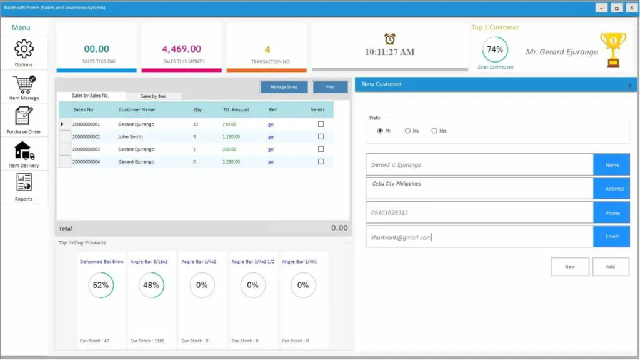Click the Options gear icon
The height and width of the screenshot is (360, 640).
pyautogui.click(x=24, y=49)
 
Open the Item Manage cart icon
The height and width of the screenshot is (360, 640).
pyautogui.click(x=24, y=84)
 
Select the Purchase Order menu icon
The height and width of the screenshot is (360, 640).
pyautogui.click(x=24, y=116)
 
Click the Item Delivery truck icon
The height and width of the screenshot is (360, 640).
pyautogui.click(x=24, y=151)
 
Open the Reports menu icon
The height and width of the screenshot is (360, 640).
pyautogui.click(x=24, y=183)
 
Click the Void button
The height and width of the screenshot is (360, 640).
pyautogui.click(x=330, y=87)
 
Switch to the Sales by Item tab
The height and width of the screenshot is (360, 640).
pyautogui.click(x=153, y=96)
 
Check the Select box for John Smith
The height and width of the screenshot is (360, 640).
pyautogui.click(x=321, y=136)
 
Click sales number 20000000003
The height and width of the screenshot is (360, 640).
pyautogui.click(x=86, y=149)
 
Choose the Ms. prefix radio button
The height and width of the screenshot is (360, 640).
pyautogui.click(x=407, y=131)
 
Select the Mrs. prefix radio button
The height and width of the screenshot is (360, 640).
pyautogui.click(x=434, y=131)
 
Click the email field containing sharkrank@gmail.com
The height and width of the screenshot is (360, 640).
pyautogui.click(x=479, y=237)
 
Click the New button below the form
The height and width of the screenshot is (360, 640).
pyautogui.click(x=569, y=266)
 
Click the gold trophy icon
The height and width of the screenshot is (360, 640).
pyautogui.click(x=613, y=50)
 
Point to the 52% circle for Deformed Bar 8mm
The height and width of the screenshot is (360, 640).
pyautogui.click(x=101, y=285)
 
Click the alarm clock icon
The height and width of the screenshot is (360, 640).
pyautogui.click(x=389, y=39)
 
